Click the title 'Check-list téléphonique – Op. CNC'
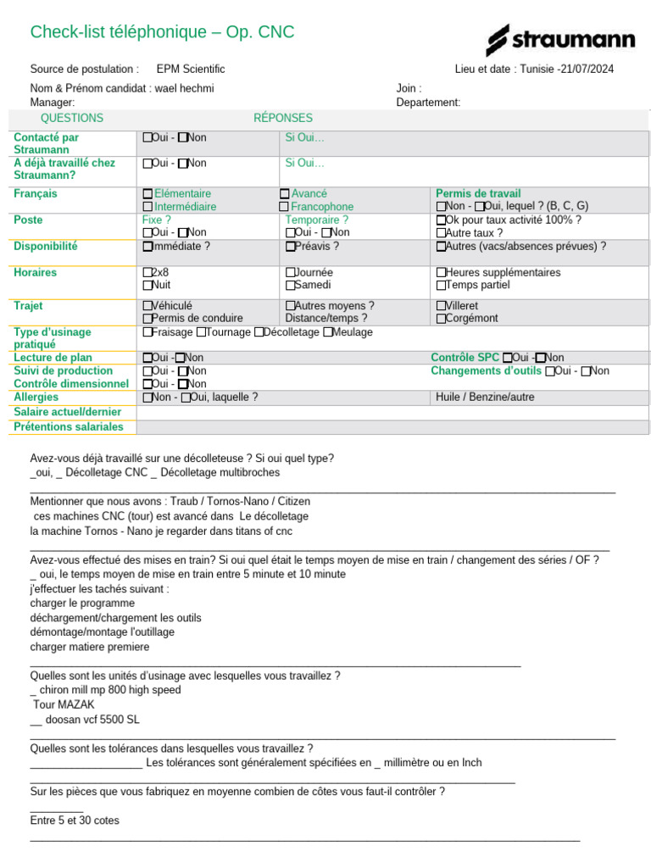tap(162, 32)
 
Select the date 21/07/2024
tap(587, 70)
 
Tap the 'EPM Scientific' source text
tap(191, 70)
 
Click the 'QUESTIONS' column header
tap(72, 119)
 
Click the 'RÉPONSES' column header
tap(283, 119)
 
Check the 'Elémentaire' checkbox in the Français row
tap(148, 194)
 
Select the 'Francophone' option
tap(285, 207)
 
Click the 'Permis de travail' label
tap(478, 194)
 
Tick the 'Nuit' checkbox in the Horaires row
tap(148, 286)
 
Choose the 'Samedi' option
tap(291, 286)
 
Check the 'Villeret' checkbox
tap(441, 306)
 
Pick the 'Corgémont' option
tap(441, 319)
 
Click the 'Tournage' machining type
tap(201, 332)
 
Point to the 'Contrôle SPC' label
tap(465, 358)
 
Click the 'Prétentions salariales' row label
tap(69, 427)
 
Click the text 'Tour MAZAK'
tap(64, 704)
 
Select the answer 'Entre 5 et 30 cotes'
tap(75, 821)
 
